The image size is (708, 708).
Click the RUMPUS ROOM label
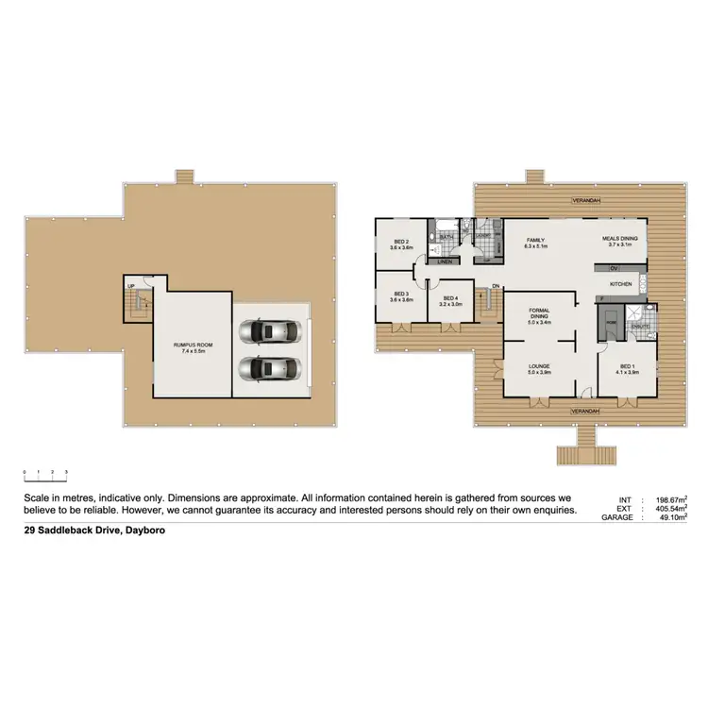[x=193, y=346]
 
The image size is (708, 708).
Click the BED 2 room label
[x=401, y=243]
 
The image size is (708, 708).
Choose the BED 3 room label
[x=401, y=295]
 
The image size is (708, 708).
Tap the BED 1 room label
[x=627, y=366]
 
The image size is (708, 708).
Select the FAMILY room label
[x=535, y=241]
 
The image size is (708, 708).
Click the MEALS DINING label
[x=620, y=239]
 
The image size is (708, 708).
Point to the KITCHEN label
[x=620, y=283]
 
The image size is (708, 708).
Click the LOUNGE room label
[x=539, y=366]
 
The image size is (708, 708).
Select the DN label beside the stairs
[x=495, y=287]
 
